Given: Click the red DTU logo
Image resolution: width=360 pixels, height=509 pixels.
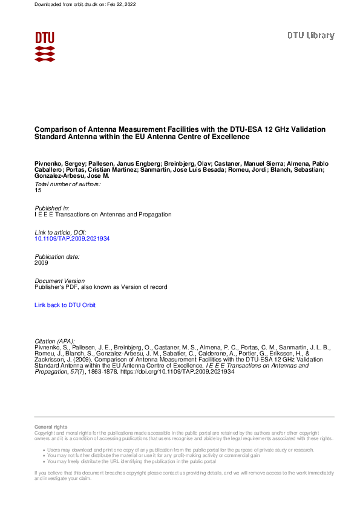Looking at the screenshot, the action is tap(45, 47).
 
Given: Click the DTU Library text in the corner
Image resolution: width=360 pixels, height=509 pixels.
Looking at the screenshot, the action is tap(310, 36).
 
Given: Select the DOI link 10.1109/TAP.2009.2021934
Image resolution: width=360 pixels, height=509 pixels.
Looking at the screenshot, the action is tap(72, 239).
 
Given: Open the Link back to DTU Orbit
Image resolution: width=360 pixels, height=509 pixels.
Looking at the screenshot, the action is tap(65, 305).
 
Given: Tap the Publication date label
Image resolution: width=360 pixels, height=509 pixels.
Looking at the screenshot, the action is tap(57, 257).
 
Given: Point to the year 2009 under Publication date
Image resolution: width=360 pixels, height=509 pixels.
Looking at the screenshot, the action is tap(41, 263).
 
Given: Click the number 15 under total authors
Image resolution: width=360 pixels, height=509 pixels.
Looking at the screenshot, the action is tap(38, 190).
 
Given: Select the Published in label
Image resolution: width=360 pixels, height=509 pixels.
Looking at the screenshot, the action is tap(51, 208).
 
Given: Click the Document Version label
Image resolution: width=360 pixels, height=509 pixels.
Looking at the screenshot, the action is tap(59, 281).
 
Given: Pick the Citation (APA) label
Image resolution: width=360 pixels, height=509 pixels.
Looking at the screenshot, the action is tap(55, 342).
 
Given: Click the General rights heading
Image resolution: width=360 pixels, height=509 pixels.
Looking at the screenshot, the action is tap(51, 427).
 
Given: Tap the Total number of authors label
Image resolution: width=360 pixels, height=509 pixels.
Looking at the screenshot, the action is tap(67, 184).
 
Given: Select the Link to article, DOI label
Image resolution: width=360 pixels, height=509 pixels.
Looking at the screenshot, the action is tap(61, 233).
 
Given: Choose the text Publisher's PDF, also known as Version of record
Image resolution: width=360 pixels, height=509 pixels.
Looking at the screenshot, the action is tap(100, 287).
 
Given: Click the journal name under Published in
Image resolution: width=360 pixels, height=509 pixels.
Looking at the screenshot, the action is tap(103, 214).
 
